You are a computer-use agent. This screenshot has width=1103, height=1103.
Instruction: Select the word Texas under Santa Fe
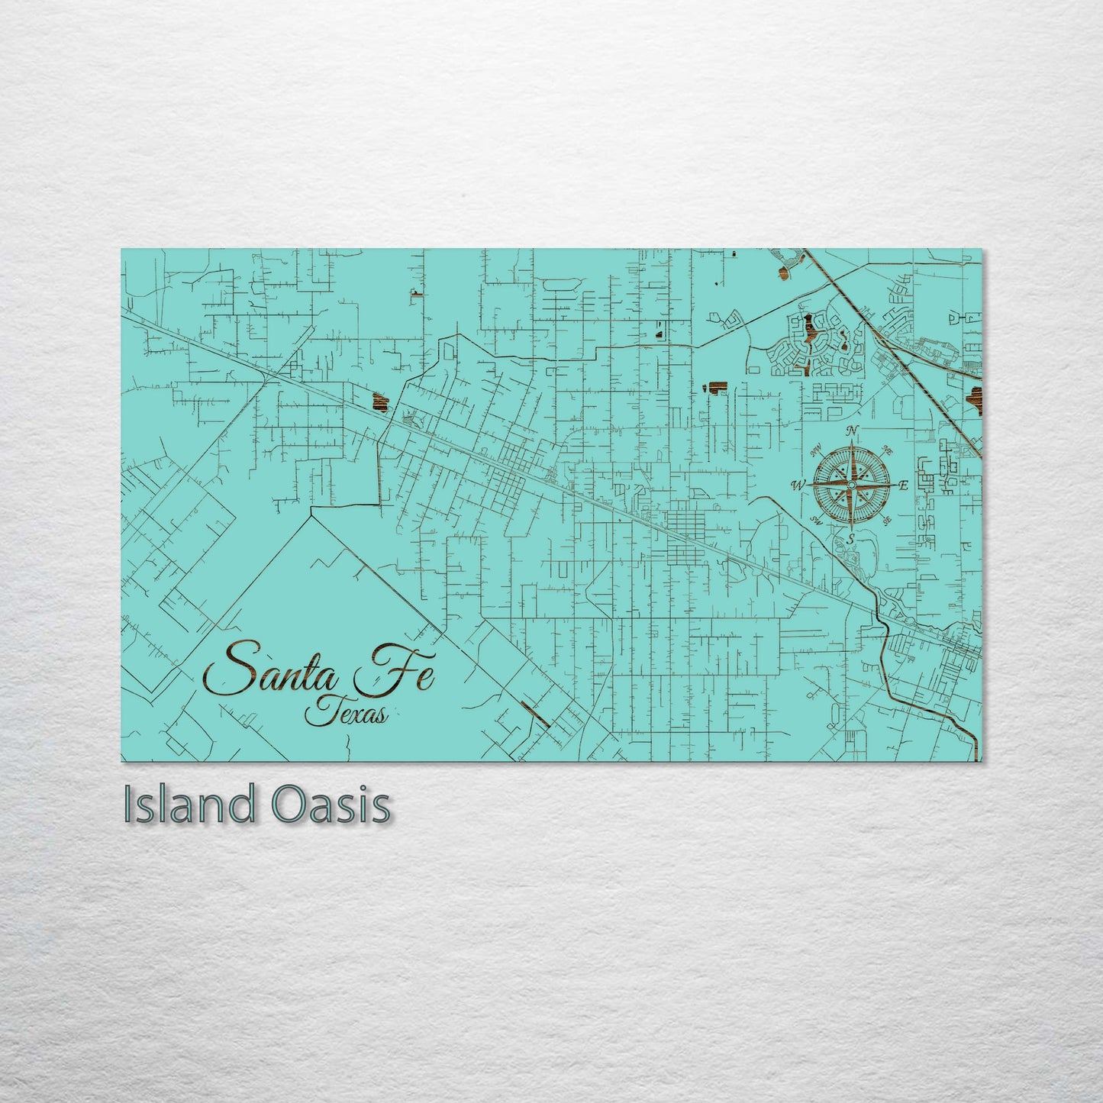(347, 713)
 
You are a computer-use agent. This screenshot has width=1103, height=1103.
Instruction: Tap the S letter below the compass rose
(850, 538)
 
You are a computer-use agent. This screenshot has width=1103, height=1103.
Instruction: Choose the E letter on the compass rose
(903, 485)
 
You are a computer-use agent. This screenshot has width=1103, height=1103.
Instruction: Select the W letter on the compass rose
(799, 485)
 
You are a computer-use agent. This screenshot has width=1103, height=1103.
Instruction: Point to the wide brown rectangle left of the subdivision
(715, 387)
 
